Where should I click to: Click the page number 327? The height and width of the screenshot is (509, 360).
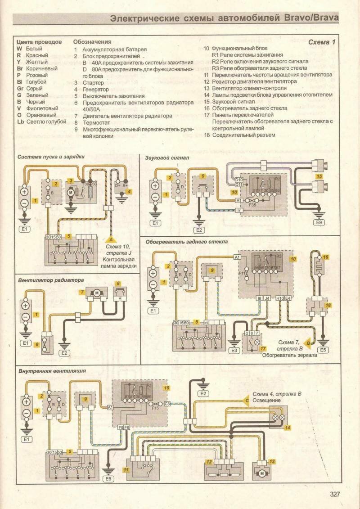click(335, 495)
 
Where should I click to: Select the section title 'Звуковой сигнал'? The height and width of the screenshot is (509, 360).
click(167, 158)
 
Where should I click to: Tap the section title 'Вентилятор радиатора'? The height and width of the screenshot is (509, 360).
click(51, 279)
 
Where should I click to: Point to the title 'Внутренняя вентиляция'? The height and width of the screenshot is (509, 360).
click(53, 371)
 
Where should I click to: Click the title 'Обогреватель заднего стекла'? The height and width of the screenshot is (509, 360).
click(186, 242)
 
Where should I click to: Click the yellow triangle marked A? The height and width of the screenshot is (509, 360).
click(111, 240)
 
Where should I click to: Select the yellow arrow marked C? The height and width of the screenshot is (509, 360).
click(247, 399)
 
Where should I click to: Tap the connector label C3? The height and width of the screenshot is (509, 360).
click(167, 404)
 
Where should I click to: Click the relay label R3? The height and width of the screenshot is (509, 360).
click(279, 257)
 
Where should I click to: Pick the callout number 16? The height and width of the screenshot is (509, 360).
click(326, 257)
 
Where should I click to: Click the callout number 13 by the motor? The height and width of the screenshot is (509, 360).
click(271, 461)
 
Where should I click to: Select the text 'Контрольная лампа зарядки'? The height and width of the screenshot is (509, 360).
click(120, 263)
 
